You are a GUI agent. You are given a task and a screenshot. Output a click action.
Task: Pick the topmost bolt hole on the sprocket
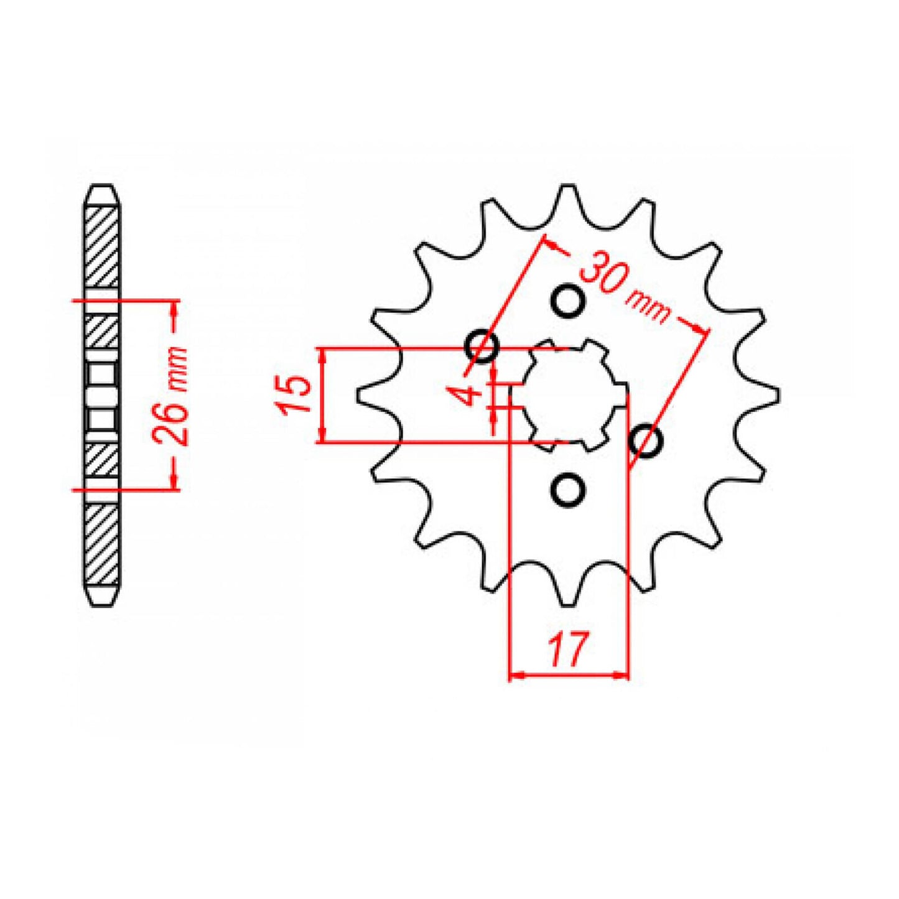click(568, 301)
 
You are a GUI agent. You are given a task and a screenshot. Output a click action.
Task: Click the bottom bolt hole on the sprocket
click(568, 490)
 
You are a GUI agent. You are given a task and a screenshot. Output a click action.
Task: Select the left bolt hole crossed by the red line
click(482, 346)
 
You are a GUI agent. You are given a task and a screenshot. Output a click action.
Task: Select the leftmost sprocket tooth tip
click(360, 396)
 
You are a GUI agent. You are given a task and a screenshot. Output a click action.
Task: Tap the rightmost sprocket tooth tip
click(777, 394)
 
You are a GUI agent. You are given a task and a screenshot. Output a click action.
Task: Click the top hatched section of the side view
click(101, 246)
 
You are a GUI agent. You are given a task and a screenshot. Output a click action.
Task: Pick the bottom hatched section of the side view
click(101, 544)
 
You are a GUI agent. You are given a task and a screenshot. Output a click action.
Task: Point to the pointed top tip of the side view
click(101, 185)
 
